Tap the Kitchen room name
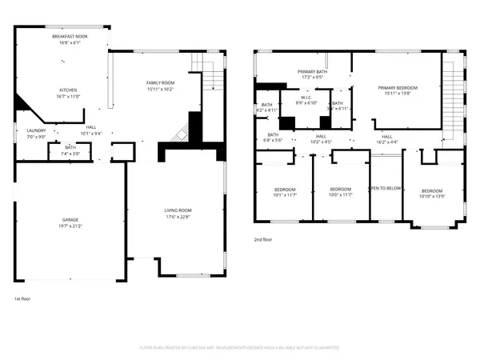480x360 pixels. click(x=68, y=90)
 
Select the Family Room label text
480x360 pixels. click(x=160, y=82)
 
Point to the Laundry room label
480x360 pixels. click(x=36, y=130)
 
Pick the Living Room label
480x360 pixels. click(x=178, y=210)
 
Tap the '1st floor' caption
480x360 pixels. click(x=23, y=299)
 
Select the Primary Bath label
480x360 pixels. click(x=313, y=72)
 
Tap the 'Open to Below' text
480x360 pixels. click(x=385, y=188)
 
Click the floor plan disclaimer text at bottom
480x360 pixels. click(x=240, y=348)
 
